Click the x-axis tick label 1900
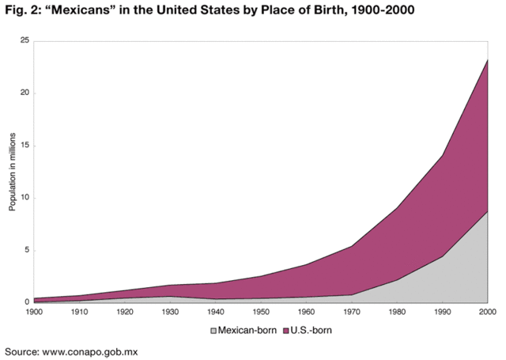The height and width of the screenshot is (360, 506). pos(33,313)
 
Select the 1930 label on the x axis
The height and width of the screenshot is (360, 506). pos(169,313)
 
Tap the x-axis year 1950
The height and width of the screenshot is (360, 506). pos(260,313)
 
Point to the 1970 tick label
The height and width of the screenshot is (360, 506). pos(351,313)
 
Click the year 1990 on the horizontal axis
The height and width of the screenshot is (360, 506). pos(442,313)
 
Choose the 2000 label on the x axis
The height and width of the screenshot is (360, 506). pos(487,313)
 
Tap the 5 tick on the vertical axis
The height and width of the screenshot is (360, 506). pos(26,250)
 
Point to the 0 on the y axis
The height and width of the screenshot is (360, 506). pos(26,302)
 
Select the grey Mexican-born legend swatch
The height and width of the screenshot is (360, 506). pos(213,330)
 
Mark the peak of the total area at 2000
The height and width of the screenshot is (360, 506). pos(487,59)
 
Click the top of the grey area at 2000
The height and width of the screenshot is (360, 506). pos(487,211)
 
